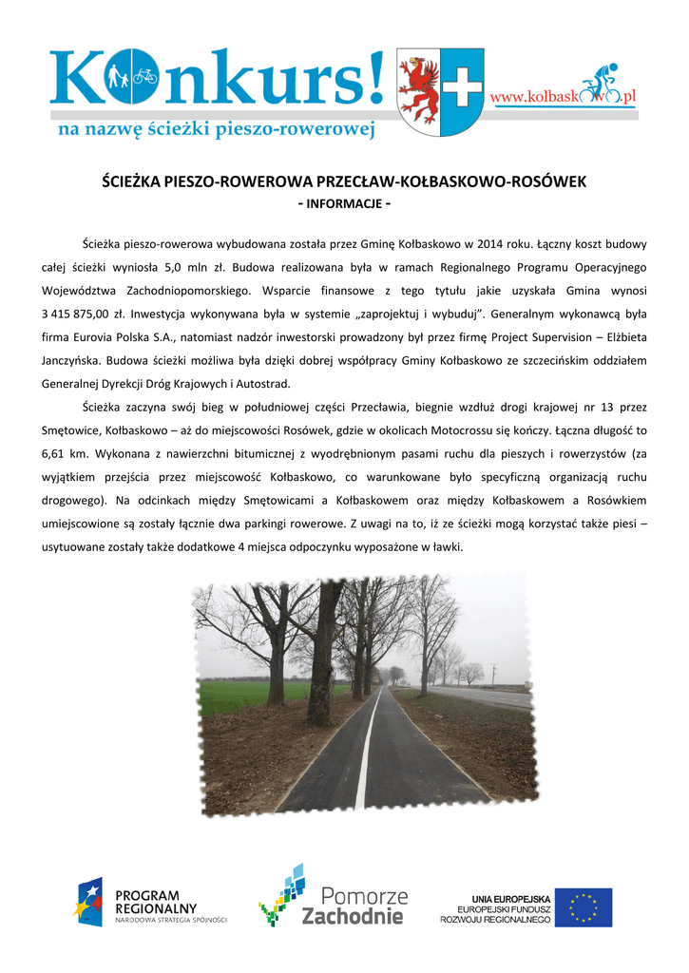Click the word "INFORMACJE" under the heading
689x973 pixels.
point(344,204)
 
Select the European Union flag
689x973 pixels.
point(584,907)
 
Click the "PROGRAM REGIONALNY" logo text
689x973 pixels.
point(154,902)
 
